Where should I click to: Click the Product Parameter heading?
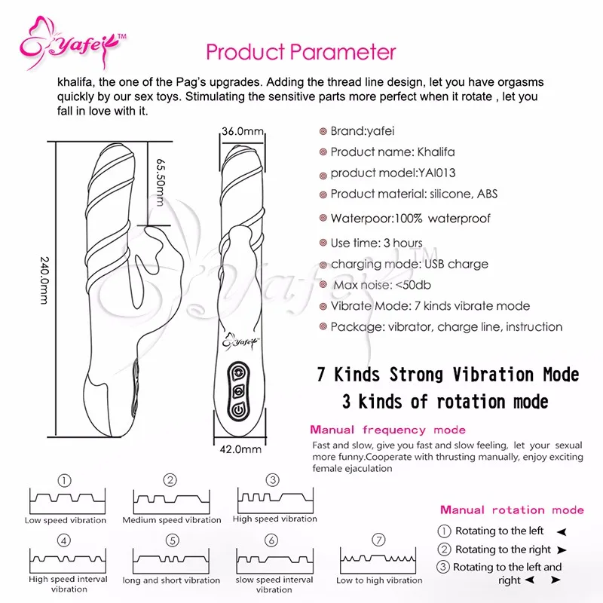[x=301, y=52]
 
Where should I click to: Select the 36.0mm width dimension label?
[x=242, y=132]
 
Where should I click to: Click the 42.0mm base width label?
[x=242, y=450]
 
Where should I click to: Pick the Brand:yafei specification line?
[x=357, y=131]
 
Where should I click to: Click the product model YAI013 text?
[x=393, y=173]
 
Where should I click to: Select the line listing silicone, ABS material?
[x=414, y=194]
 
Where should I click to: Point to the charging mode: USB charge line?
[x=409, y=264]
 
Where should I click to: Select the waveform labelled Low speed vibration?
[x=66, y=500]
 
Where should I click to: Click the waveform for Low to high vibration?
[x=378, y=560]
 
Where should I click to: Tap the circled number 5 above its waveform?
[x=173, y=540]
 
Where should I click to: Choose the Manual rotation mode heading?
[x=512, y=510]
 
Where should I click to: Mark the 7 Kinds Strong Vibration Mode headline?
[x=448, y=375]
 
